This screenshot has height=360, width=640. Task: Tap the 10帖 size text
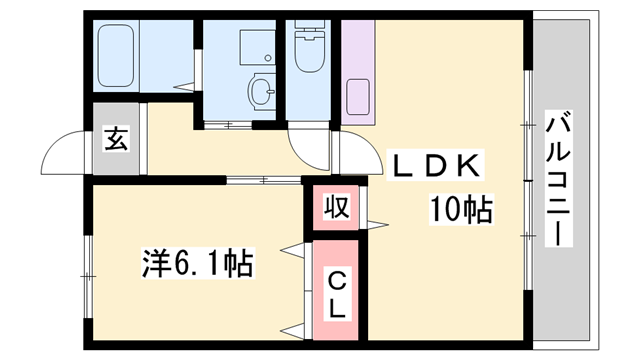[x=460, y=210]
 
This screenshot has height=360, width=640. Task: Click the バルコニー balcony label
[x=557, y=180]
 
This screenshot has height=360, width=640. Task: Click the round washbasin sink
[x=263, y=92]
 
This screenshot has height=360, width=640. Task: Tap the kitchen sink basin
[x=356, y=98]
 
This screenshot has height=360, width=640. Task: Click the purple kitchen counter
[x=356, y=70]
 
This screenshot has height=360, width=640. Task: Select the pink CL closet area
[x=337, y=290]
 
